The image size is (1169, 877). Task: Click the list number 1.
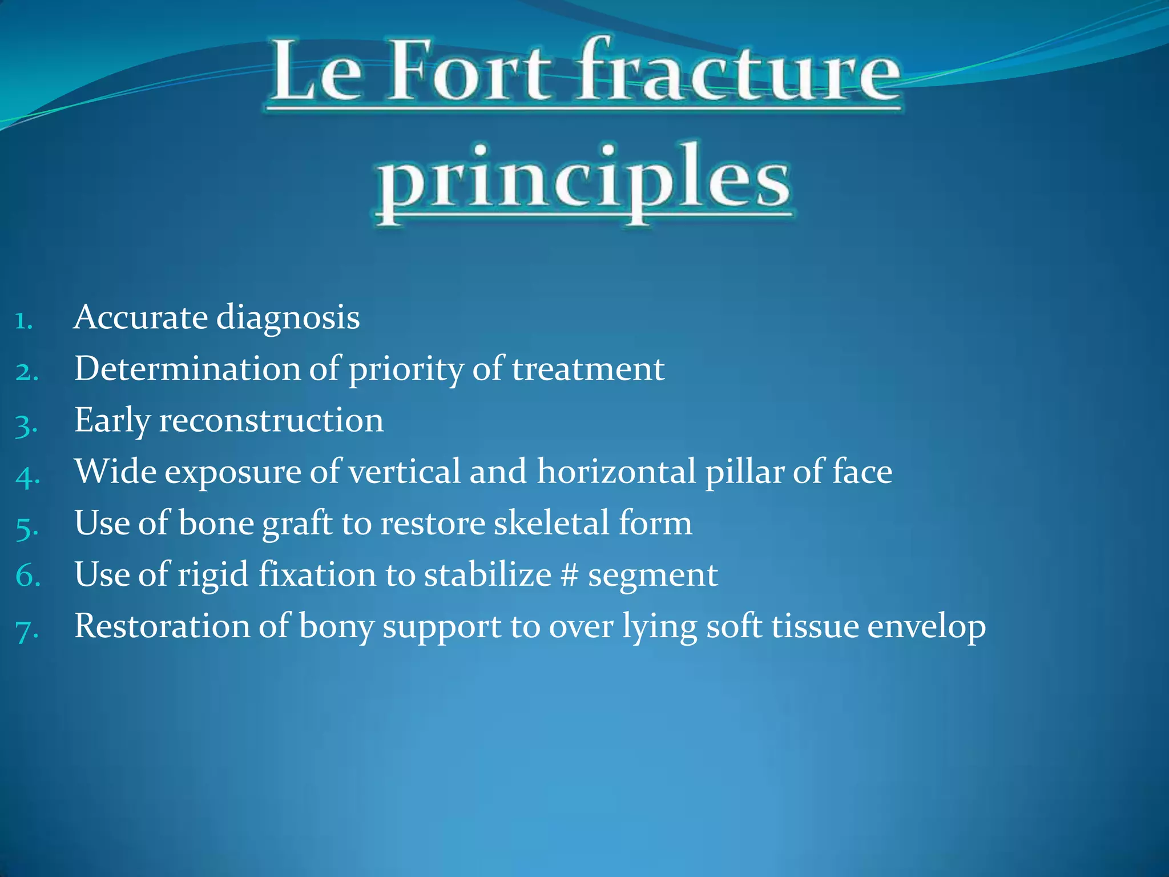point(24,321)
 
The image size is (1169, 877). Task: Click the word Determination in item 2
point(187,369)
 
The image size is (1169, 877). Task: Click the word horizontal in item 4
point(616,472)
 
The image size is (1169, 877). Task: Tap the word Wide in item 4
point(115,472)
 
